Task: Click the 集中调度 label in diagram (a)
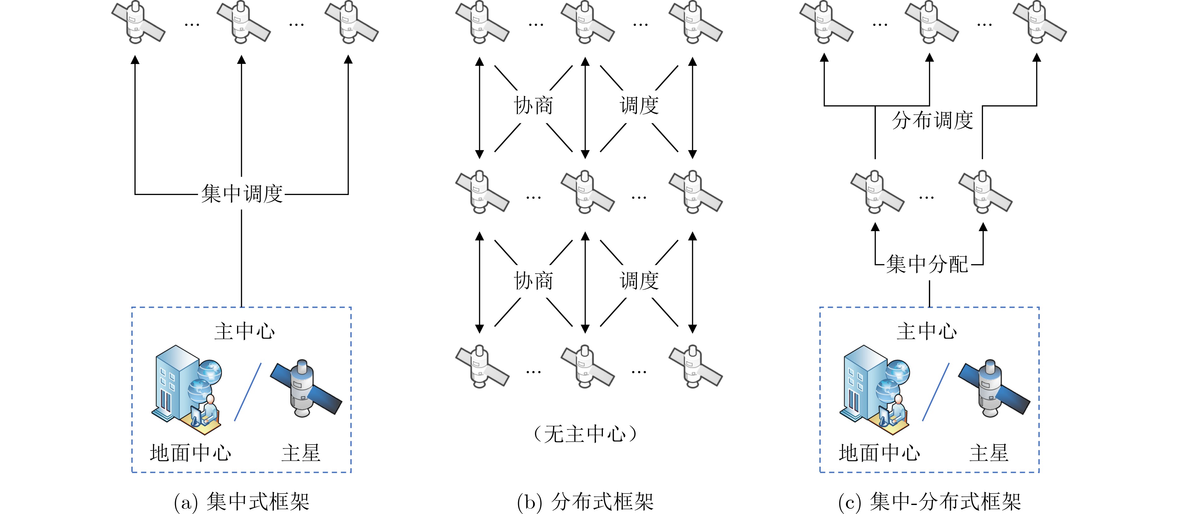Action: (242, 194)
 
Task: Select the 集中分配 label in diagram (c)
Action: (927, 264)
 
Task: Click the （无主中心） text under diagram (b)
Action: (585, 434)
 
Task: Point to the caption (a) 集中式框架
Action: (242, 501)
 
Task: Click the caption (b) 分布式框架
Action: (585, 501)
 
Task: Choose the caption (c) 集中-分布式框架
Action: (929, 501)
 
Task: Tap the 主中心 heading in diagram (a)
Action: (245, 331)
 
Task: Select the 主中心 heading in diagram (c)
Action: (926, 331)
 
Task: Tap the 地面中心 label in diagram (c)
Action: (879, 453)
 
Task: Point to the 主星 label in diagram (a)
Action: (301, 453)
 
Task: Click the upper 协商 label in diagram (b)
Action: (533, 105)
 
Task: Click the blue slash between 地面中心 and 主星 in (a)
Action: (248, 392)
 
